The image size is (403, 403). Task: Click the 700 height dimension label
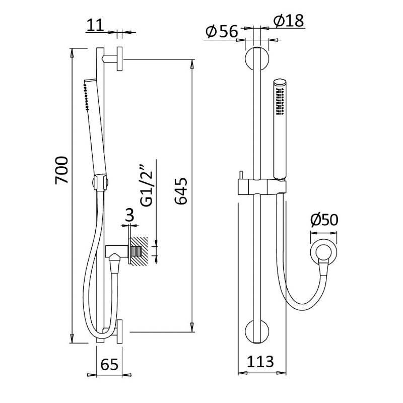click(62, 170)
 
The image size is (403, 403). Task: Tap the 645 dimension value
click(181, 191)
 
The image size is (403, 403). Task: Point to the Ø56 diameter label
click(222, 32)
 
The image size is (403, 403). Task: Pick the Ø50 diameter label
click(324, 220)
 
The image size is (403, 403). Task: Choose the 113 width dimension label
click(260, 362)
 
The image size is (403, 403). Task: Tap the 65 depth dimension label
click(109, 364)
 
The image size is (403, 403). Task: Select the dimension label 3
click(129, 215)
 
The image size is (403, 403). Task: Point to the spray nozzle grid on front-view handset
click(280, 101)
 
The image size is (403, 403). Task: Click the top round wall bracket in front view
click(257, 59)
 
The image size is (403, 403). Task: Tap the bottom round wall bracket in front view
click(257, 331)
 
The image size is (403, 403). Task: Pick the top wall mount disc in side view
click(119, 59)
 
